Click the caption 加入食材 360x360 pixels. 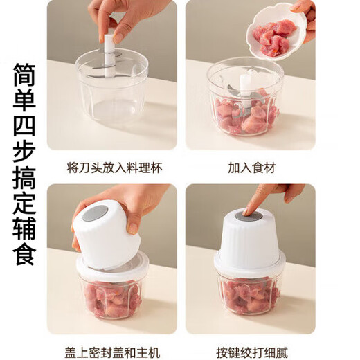(250, 168)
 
